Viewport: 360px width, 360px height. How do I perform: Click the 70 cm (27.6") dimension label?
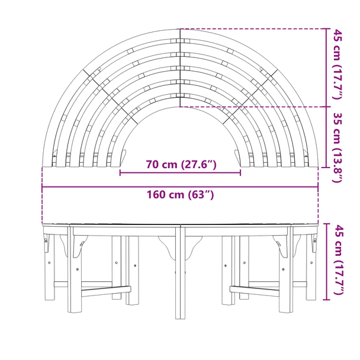point(181,165)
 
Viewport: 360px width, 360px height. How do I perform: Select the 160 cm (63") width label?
point(180,195)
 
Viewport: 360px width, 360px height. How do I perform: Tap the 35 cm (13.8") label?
point(337,147)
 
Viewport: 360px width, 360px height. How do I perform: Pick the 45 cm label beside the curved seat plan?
point(337,65)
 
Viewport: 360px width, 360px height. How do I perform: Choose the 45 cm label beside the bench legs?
point(337,260)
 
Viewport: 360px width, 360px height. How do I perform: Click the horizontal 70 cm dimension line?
point(180,173)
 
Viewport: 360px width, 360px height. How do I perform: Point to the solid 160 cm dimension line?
point(180,187)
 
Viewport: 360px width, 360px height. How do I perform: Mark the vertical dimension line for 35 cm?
point(326,137)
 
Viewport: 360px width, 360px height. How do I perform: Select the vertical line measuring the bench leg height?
point(326,262)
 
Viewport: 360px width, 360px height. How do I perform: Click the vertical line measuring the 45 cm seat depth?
point(326,67)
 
